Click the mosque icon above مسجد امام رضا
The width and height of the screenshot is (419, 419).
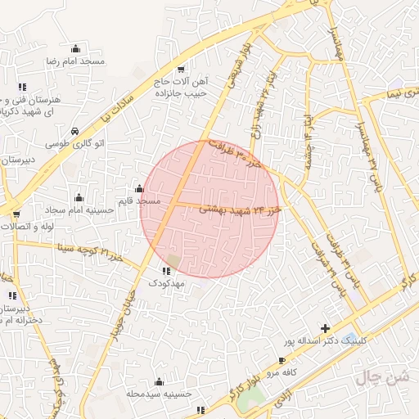pyautogui.click(x=76, y=48)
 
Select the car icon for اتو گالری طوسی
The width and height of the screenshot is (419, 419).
pyautogui.click(x=75, y=132)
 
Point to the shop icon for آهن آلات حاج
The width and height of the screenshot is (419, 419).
pyautogui.click(x=181, y=69)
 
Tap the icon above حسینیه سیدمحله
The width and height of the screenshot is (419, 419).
pyautogui.click(x=159, y=381)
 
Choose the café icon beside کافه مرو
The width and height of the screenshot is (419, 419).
pyautogui.click(x=282, y=359)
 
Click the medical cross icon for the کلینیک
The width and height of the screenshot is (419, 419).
pyautogui.click(x=327, y=327)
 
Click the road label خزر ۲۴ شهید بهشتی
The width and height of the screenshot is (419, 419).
pyautogui.click(x=240, y=209)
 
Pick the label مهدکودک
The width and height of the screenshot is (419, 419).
pyautogui.click(x=167, y=282)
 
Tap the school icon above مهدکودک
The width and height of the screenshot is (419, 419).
pyautogui.click(x=166, y=270)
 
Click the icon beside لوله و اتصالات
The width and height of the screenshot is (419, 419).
pyautogui.click(x=16, y=214)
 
